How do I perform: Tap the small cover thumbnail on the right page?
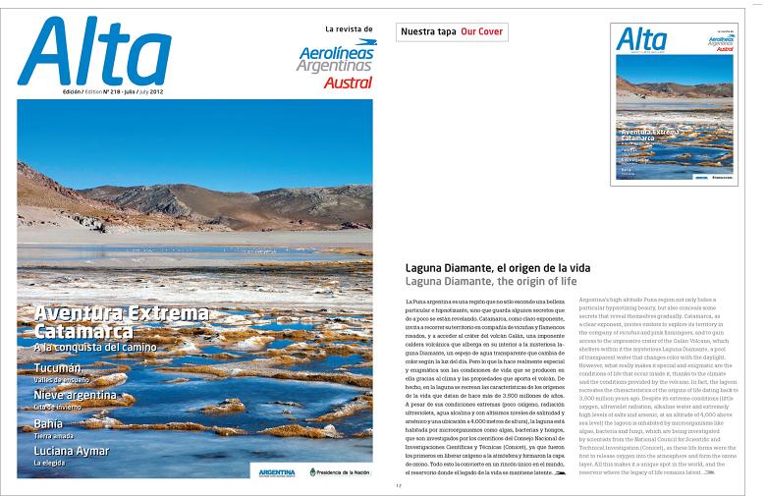point(674,104)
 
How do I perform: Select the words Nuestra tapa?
point(428,32)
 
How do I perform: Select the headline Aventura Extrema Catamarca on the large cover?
point(121,321)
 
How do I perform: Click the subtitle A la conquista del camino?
point(96,347)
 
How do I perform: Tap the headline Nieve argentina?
point(76,396)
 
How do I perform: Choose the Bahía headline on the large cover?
point(48,423)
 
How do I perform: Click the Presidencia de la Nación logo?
point(340,471)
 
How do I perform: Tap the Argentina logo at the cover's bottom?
point(276,472)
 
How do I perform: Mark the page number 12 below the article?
point(399,486)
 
